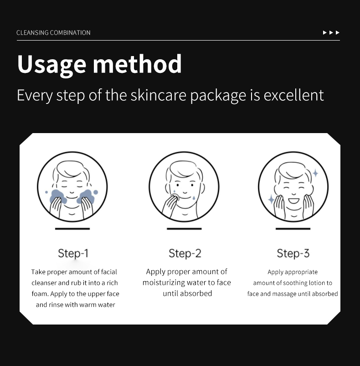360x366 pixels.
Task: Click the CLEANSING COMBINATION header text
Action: (53, 33)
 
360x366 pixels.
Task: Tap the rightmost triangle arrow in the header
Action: (337, 33)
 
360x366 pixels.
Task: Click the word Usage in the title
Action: (51, 65)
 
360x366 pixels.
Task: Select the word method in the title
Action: (137, 64)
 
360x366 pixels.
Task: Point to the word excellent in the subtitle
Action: (293, 95)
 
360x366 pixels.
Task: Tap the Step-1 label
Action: (73, 253)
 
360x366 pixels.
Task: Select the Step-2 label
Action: (185, 253)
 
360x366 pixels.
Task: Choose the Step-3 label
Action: (293, 253)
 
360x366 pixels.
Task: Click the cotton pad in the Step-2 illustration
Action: (175, 197)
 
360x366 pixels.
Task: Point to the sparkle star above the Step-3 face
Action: (315, 173)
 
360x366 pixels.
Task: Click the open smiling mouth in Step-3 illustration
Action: (293, 201)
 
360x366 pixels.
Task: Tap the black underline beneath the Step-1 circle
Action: (72, 229)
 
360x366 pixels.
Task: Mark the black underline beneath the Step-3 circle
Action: (293, 229)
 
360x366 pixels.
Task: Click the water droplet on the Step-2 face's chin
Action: (194, 198)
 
